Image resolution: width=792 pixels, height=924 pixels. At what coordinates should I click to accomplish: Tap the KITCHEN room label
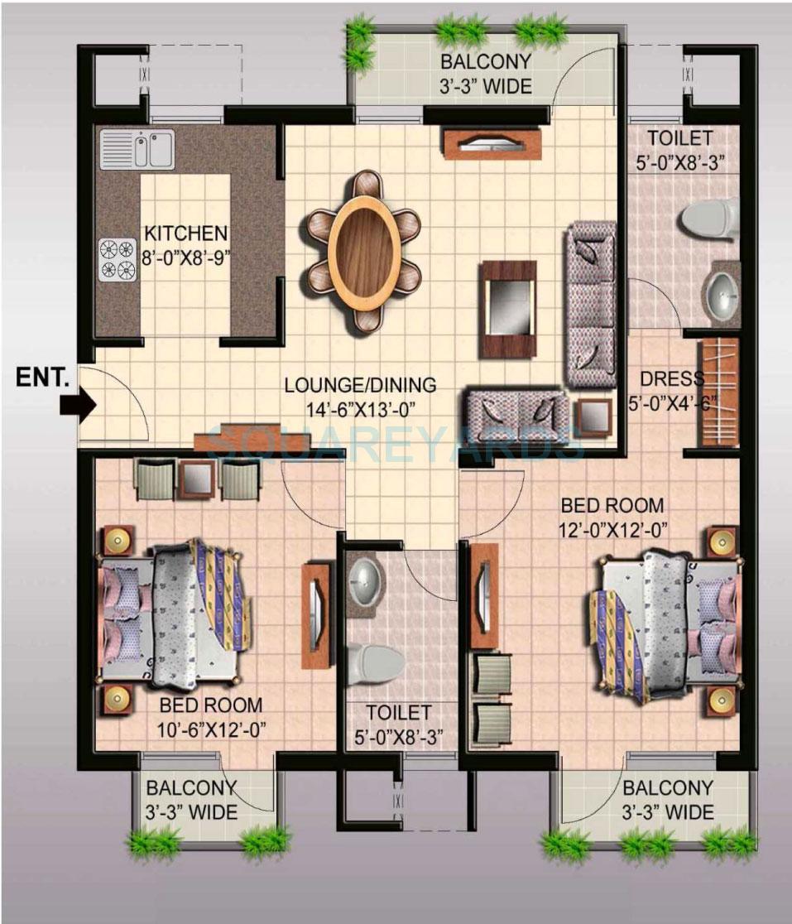pos(185,233)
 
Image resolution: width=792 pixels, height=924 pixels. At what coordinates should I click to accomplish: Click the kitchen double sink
pos(137,149)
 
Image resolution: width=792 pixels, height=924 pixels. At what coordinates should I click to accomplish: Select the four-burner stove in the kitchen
pos(118,259)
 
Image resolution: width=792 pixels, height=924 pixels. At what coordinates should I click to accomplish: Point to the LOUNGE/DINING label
pos(360,385)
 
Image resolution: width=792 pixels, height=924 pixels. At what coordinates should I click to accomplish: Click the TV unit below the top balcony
pos(492,144)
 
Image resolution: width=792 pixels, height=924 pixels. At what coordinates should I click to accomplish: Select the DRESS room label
pos(671,379)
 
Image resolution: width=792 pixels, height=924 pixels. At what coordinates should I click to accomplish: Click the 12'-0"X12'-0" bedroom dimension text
pos(614,527)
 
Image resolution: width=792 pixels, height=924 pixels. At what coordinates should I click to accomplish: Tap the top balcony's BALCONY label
pos(485,62)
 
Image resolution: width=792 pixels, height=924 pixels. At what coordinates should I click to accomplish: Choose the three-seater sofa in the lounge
pos(590,305)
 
